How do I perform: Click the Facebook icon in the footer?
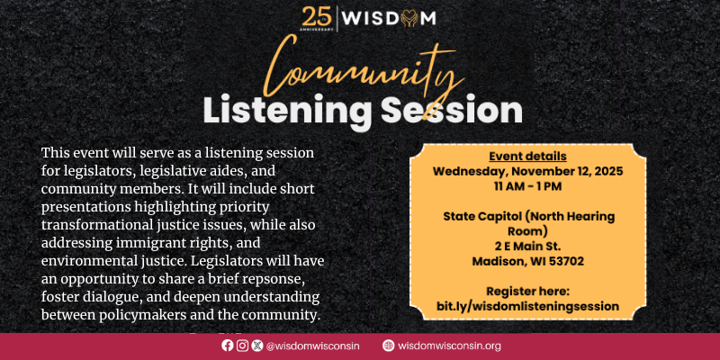(227, 345)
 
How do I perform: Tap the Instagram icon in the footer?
(242, 345)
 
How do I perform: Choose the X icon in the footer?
(256, 345)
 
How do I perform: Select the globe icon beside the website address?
(388, 345)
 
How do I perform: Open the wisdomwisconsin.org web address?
(449, 346)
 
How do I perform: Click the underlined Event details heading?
(527, 155)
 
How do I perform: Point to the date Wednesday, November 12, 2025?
(527, 170)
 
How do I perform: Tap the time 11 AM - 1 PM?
(527, 185)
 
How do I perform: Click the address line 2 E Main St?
(527, 246)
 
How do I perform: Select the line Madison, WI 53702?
(527, 261)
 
